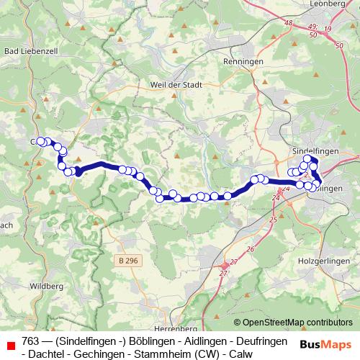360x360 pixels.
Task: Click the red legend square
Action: pyautogui.click(x=10, y=346)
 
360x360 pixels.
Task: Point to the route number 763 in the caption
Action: pyautogui.click(x=31, y=340)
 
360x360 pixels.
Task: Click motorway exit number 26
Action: pyautogui.click(x=251, y=249)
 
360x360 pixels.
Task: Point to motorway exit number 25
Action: pyautogui.click(x=272, y=219)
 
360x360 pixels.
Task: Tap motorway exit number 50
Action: pyautogui.click(x=338, y=45)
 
